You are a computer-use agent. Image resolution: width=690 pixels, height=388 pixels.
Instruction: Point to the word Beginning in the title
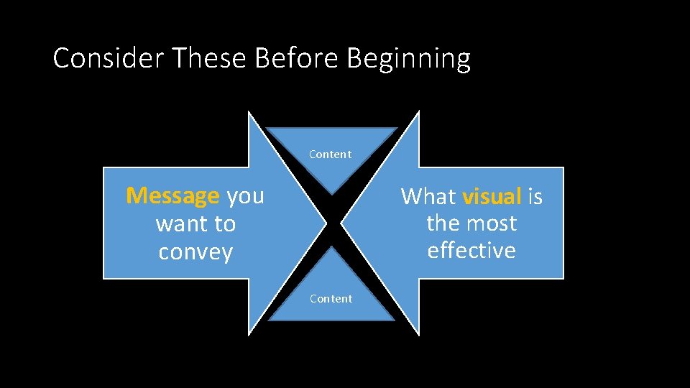pos(408,59)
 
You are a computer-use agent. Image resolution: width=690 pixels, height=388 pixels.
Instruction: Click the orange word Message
pos(172,195)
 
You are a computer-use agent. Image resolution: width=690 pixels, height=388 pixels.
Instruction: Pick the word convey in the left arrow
pos(195,253)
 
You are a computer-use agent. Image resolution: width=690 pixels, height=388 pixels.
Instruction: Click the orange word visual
pos(492,196)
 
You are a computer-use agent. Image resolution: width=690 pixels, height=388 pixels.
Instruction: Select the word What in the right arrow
pos(428,196)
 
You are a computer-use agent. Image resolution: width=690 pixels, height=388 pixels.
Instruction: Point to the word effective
pos(471,251)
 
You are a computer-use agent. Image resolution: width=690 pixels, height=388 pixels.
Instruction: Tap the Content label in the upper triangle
pos(331,154)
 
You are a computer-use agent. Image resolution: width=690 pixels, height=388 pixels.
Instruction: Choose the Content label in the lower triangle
pos(331,299)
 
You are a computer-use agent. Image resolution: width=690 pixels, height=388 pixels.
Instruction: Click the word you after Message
pos(246,195)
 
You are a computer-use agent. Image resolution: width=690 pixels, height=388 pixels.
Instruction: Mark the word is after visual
pos(535,196)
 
